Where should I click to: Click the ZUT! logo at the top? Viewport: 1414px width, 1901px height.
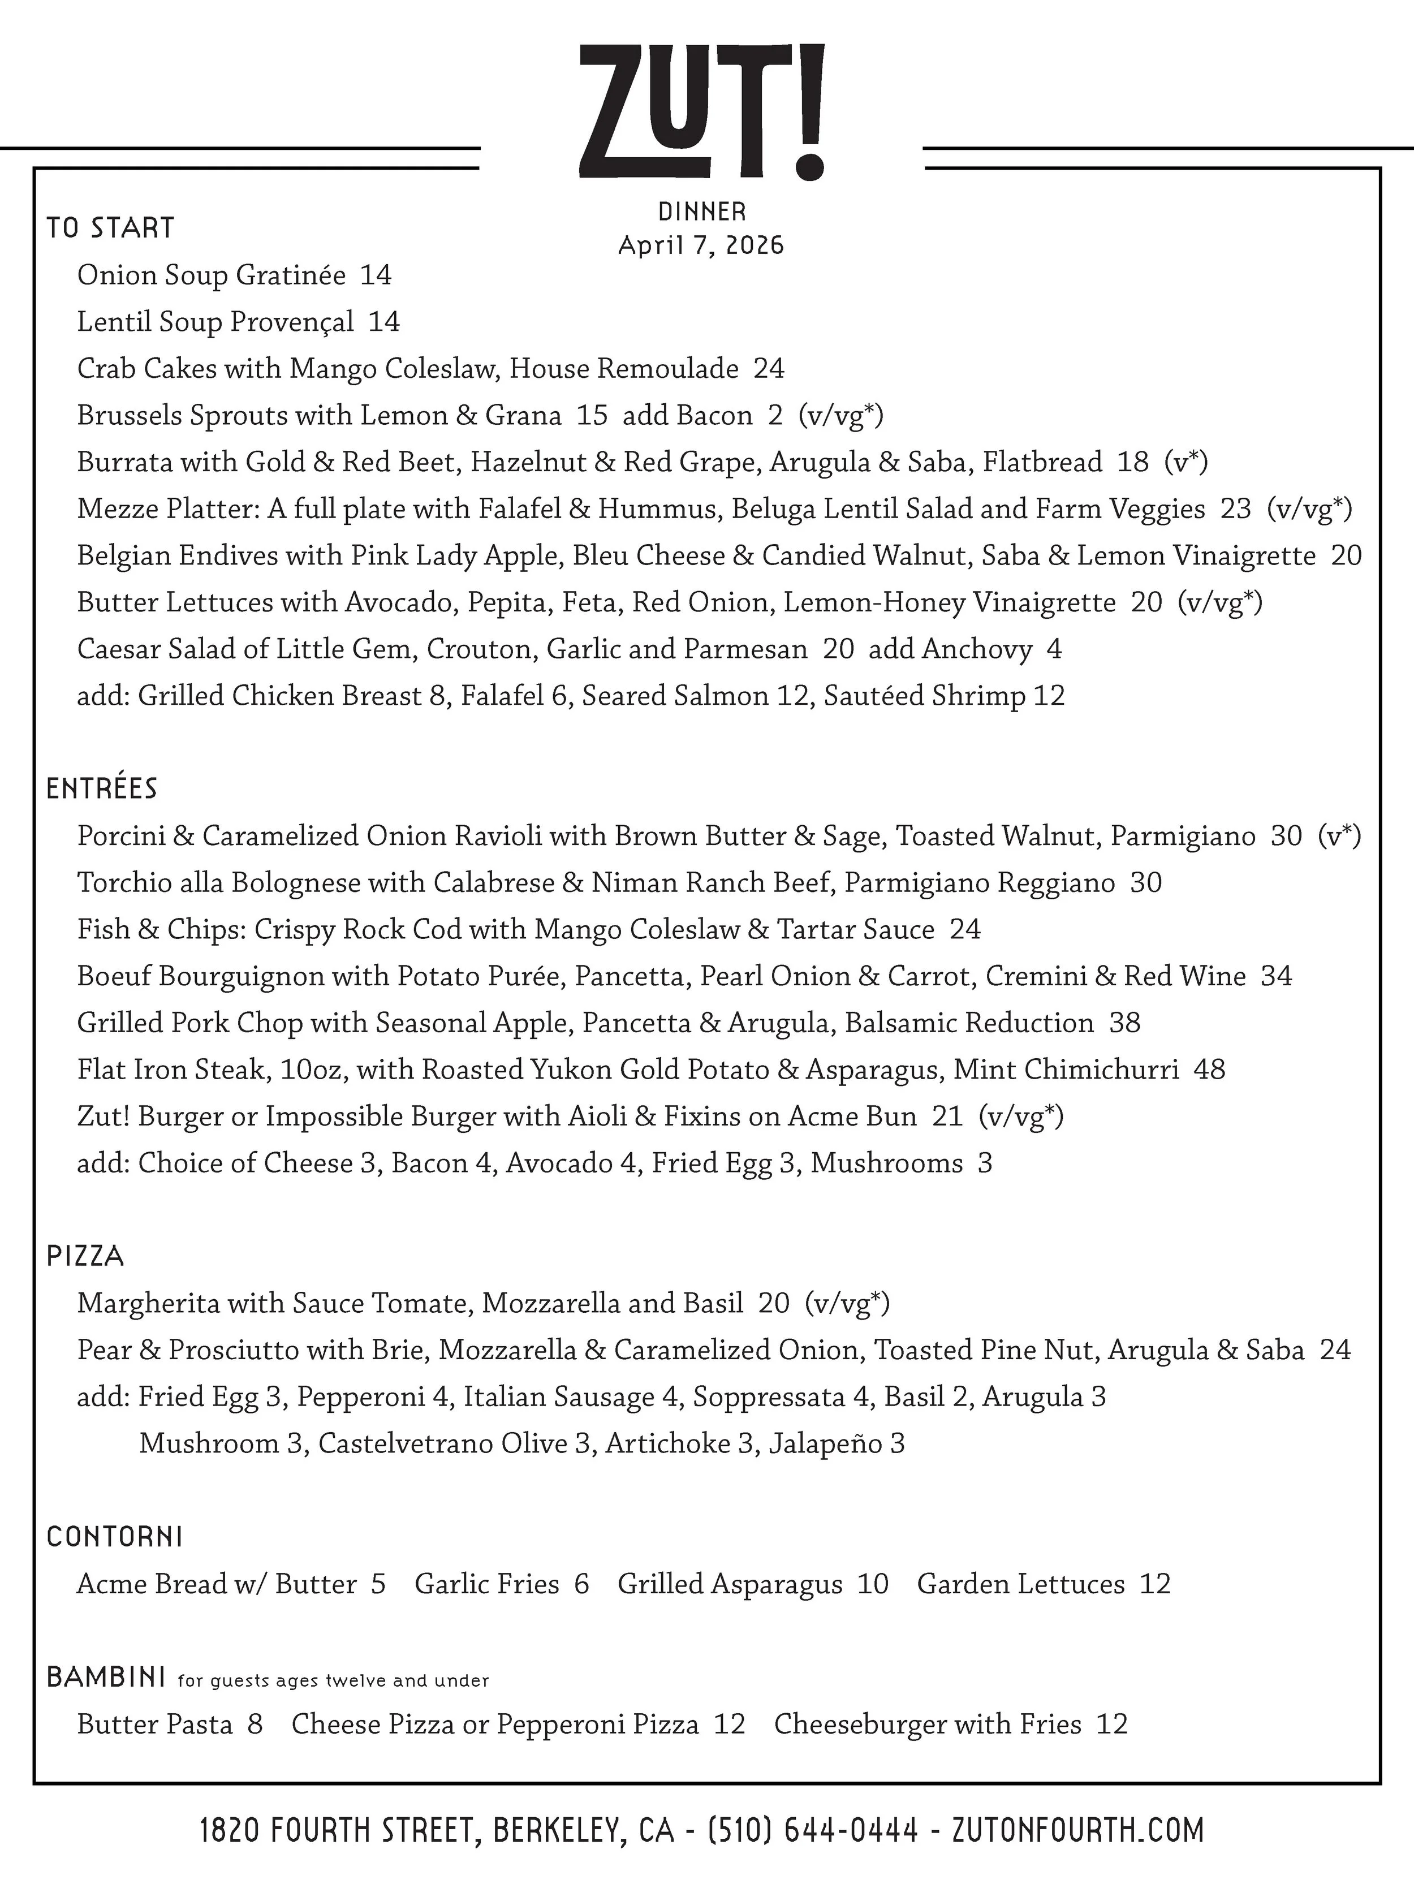pyautogui.click(x=702, y=111)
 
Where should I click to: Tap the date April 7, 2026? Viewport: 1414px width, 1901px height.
pyautogui.click(x=701, y=245)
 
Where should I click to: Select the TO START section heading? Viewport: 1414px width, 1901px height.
pyautogui.click(x=110, y=229)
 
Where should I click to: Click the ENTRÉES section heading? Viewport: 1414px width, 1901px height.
pyautogui.click(x=102, y=788)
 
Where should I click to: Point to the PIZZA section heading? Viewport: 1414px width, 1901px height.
pyautogui.click(x=85, y=1256)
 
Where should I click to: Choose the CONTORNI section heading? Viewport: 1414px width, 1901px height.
pyautogui.click(x=115, y=1537)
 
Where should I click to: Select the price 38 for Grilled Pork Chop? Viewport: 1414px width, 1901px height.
pyautogui.click(x=1124, y=1023)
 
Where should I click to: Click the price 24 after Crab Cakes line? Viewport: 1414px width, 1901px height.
pyautogui.click(x=769, y=369)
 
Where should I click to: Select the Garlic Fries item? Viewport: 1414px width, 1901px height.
pyautogui.click(x=487, y=1584)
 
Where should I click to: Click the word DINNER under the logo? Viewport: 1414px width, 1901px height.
pyautogui.click(x=702, y=212)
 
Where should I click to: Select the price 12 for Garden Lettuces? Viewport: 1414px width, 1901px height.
pyautogui.click(x=1154, y=1584)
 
